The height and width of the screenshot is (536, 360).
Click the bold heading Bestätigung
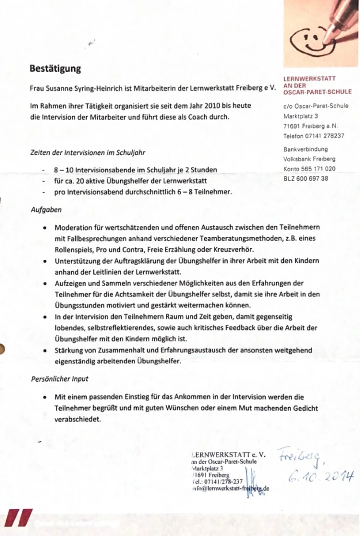[x=55, y=68]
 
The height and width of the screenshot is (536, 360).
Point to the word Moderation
[x=74, y=228]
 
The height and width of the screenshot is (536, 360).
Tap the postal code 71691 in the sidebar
[x=292, y=126]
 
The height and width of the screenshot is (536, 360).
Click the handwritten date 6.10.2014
[x=320, y=477]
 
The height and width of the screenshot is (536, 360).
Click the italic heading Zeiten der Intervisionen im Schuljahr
[x=88, y=153]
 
